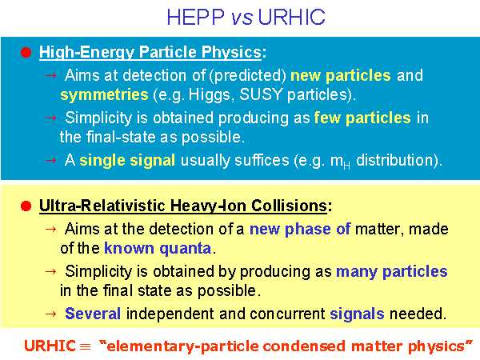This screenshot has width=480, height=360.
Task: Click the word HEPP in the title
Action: click(x=196, y=17)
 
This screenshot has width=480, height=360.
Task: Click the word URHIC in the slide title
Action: click(x=291, y=17)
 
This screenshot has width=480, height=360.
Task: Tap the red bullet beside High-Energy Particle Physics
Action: click(x=26, y=52)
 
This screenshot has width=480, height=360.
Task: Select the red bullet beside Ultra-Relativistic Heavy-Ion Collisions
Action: click(x=26, y=206)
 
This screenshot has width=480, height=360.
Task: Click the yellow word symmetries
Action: click(x=104, y=95)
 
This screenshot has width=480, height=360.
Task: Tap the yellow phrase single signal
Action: click(x=127, y=161)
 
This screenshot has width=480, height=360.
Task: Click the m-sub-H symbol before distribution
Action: click(x=340, y=162)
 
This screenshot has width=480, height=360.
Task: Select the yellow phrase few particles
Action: click(x=362, y=118)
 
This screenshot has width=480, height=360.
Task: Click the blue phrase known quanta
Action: click(x=158, y=248)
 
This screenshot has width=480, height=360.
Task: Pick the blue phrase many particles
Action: click(x=392, y=272)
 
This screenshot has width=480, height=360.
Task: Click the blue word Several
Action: click(x=93, y=314)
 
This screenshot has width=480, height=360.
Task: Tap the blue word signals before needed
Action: click(x=357, y=314)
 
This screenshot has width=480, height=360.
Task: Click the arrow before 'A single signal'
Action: click(x=50, y=160)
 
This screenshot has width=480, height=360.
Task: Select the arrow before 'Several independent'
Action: click(x=50, y=314)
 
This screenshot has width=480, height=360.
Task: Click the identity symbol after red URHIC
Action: click(x=86, y=347)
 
